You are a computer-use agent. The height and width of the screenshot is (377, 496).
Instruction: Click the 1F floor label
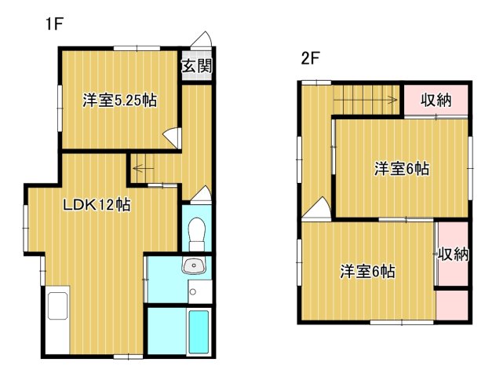[53, 24]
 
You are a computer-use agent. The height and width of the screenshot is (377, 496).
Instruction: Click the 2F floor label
[311, 57]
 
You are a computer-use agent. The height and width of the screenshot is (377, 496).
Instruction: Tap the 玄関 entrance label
[196, 66]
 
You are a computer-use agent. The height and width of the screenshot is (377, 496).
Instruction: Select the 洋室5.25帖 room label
[119, 101]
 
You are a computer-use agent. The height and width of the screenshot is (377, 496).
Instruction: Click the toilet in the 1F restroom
[197, 232]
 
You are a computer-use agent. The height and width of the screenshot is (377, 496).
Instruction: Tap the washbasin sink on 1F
[193, 267]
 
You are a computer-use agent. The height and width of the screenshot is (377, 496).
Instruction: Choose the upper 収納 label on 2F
[436, 100]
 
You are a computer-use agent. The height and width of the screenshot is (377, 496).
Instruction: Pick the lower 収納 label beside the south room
[454, 254]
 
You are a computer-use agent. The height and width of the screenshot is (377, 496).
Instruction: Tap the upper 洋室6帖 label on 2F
[401, 168]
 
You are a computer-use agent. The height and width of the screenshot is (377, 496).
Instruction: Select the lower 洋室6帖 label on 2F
[367, 272]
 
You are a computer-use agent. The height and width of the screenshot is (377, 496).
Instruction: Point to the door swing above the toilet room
[202, 194]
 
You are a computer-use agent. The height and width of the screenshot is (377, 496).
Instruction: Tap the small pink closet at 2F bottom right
[454, 305]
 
